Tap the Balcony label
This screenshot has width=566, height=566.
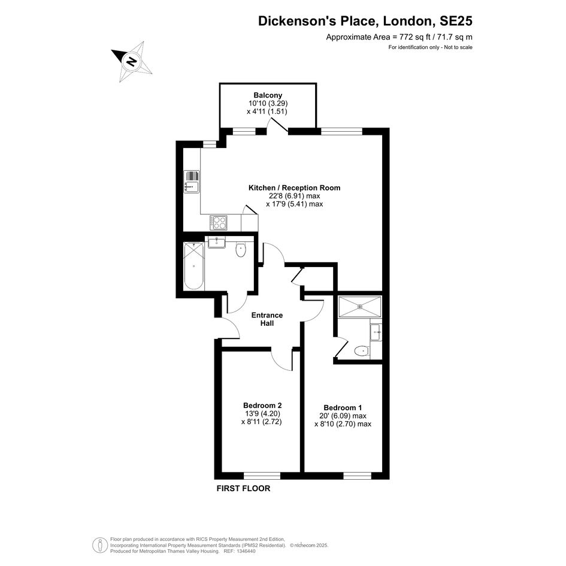268,95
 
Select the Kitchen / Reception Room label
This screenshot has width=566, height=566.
294,187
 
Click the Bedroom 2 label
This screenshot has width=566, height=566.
262,405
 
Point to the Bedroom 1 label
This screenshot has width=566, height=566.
343,408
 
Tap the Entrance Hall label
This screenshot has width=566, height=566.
267,319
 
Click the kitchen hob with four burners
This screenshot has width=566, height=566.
219,222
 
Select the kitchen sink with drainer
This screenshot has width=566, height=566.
192,181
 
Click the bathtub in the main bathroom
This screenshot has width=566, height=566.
194,266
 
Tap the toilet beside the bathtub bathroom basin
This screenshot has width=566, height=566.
240,250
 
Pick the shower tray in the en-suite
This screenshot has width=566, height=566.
359,307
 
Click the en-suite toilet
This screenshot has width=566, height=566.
361,350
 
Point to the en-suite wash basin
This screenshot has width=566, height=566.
376,332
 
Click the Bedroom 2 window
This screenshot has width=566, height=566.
262,476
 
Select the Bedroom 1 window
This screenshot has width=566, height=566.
357,476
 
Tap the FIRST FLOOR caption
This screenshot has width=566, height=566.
243,488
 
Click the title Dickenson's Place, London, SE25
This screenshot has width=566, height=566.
365,20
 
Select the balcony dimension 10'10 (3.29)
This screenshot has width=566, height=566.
265,104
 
